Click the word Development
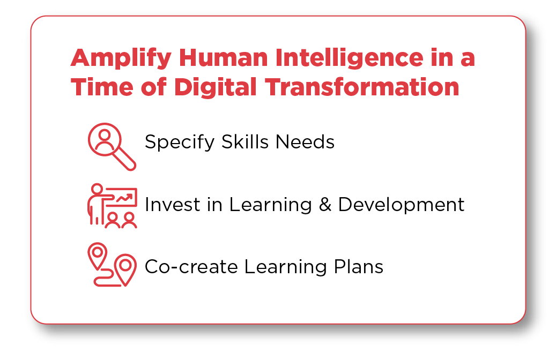pos(401,205)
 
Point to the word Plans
pos(357,266)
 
